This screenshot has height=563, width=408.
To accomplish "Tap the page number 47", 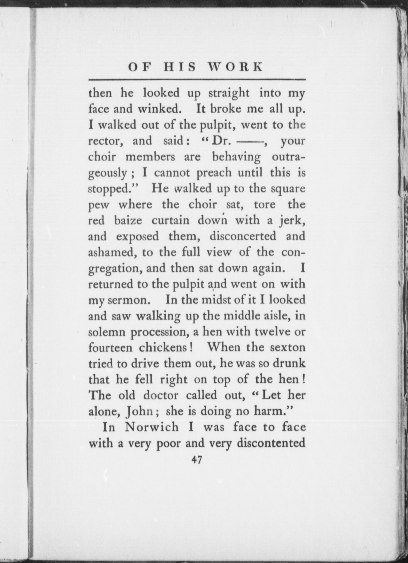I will pyautogui.click(x=197, y=460).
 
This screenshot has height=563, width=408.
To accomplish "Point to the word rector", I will pyautogui.click(x=105, y=141).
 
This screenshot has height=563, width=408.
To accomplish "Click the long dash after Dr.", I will pyautogui.click(x=250, y=141).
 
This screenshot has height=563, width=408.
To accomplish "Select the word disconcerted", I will pyautogui.click(x=243, y=236).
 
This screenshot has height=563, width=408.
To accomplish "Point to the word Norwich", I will pyautogui.click(x=152, y=427).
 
